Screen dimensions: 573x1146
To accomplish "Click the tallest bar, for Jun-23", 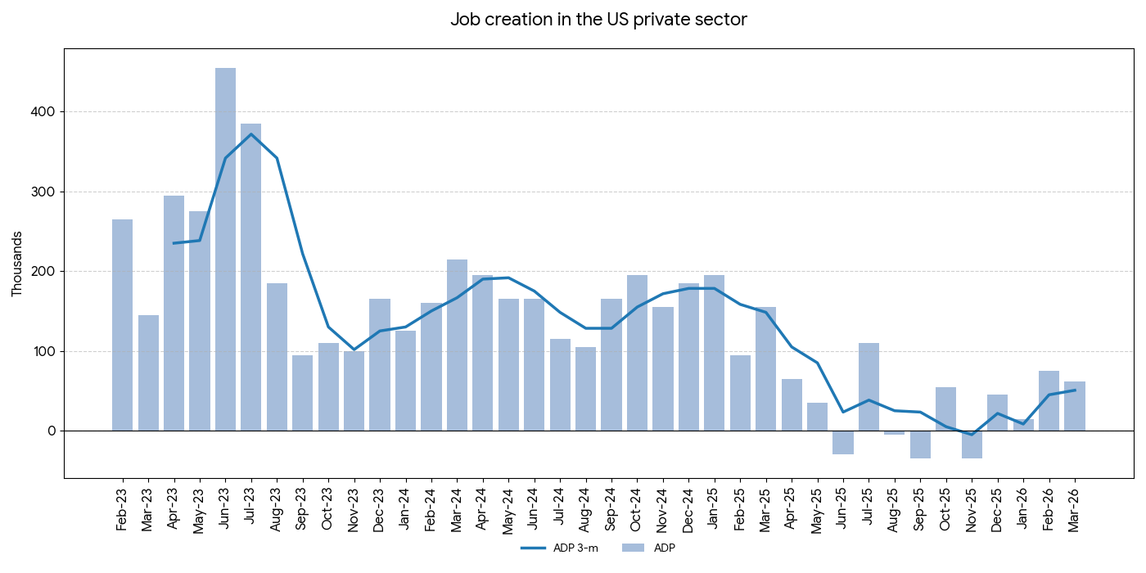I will [225, 250].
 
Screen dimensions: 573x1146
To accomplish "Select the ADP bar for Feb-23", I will [122, 325].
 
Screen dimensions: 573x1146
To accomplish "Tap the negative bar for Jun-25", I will [843, 443].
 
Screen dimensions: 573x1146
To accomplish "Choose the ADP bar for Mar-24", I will [457, 345].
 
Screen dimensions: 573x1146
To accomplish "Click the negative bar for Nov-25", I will [972, 444].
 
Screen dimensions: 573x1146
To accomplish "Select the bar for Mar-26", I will [1075, 406].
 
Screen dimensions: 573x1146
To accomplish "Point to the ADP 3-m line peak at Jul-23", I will [251, 134].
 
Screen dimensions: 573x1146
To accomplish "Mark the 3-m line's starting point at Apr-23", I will [174, 243].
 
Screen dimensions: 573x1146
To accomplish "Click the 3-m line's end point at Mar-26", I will [1075, 390].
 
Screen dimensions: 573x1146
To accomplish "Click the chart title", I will [598, 20].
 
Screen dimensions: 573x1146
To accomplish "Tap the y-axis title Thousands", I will [17, 264].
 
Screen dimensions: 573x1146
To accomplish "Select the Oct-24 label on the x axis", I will [637, 508].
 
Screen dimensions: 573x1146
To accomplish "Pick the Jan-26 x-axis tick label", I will [1023, 508].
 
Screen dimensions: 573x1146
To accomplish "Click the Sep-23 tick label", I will [302, 508].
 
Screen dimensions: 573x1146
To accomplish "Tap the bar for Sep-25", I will [920, 444].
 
